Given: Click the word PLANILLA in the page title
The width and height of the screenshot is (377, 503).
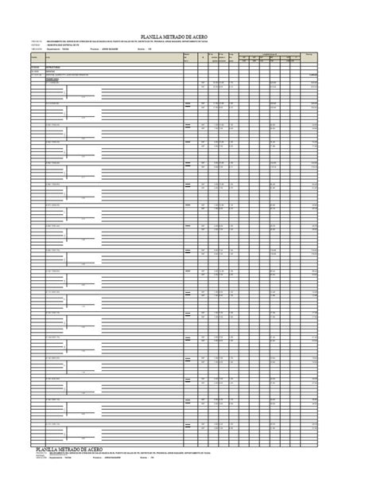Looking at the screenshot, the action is [x=155, y=36].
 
